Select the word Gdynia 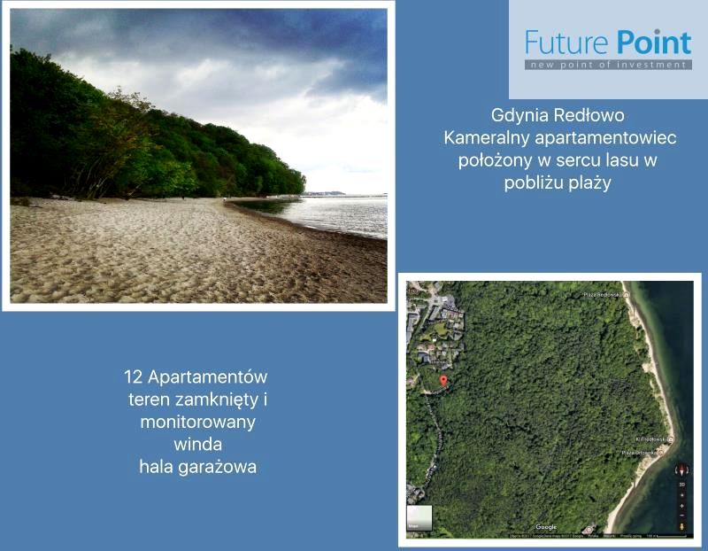point(519,116)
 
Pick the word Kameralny point(484,138)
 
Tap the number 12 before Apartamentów point(133,377)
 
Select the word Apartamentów point(207,377)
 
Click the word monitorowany point(197,422)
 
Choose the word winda point(197,444)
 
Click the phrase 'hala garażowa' point(197,467)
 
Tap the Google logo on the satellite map point(546,527)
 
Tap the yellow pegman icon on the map point(681,526)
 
